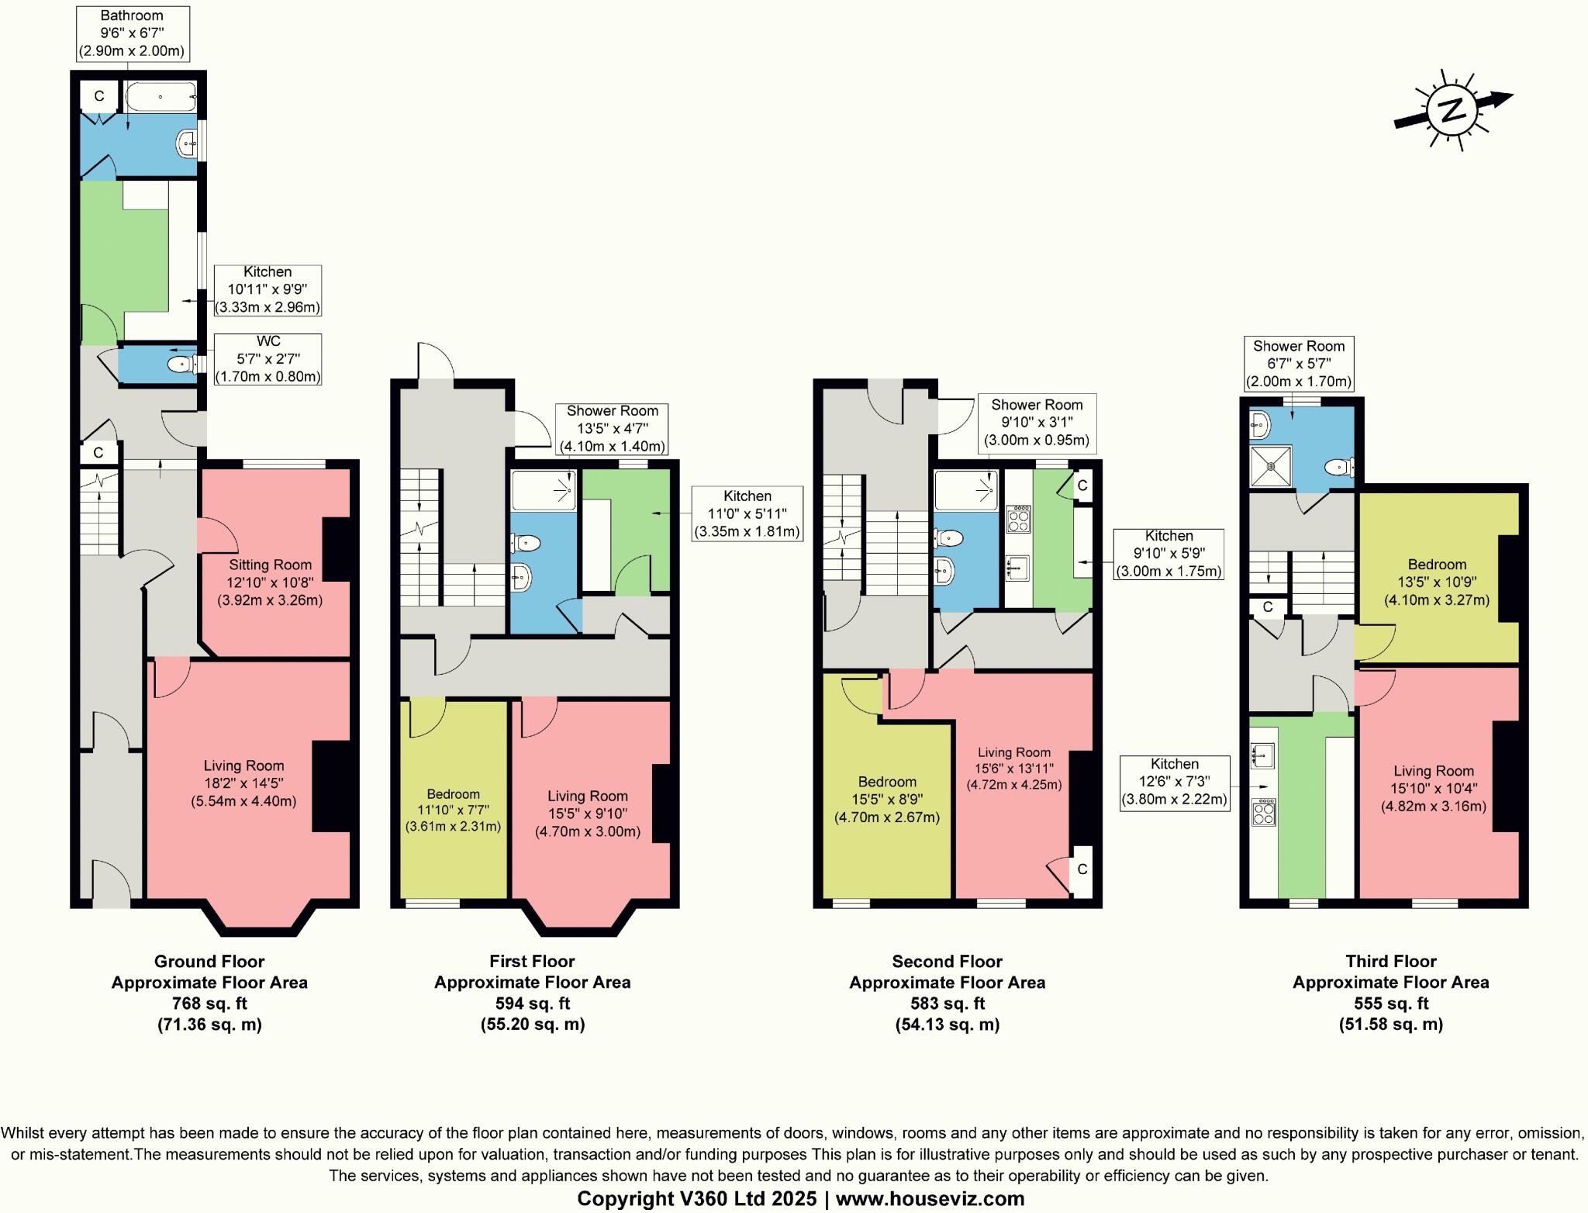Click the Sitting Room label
[x=270, y=565]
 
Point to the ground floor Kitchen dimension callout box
[x=268, y=289]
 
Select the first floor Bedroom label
[x=453, y=794]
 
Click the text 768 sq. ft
[x=209, y=1003]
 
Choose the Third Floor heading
[x=1390, y=962]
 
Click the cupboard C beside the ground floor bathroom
[x=99, y=96]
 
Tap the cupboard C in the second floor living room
[x=1082, y=869]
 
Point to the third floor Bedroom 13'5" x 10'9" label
[x=1437, y=582]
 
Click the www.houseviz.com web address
[x=930, y=1198]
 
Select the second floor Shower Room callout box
[x=1036, y=423]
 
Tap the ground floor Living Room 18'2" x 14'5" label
[x=243, y=783]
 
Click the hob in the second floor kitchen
[x=1018, y=519]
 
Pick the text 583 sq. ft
[x=947, y=1003]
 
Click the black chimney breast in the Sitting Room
[x=336, y=548]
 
